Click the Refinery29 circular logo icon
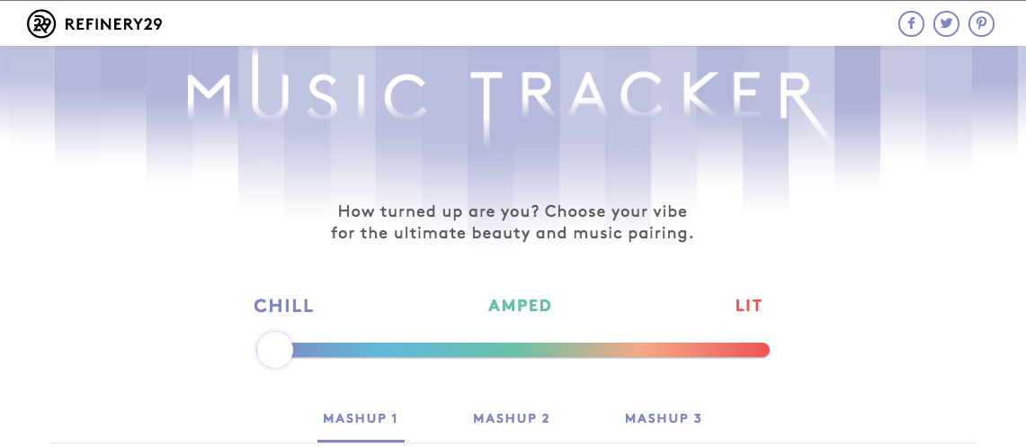41,24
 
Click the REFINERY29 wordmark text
113,25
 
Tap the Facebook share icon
911,24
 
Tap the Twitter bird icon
946,24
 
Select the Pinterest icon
982,24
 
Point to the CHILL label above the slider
284,306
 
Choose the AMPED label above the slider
521,306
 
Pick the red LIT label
748,306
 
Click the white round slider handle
275,350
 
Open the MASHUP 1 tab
361,418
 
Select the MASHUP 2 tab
512,418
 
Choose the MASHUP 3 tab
664,418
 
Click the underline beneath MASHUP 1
361,441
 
